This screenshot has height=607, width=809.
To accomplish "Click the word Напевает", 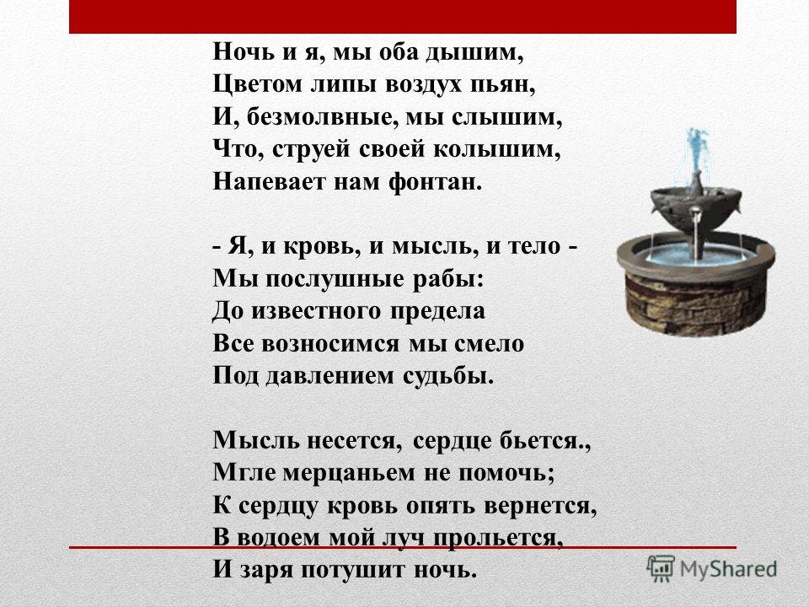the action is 268,182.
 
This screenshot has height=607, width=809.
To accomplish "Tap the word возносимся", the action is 330,344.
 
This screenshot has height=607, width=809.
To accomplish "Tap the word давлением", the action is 330,376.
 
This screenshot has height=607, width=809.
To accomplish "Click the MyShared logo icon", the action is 661,569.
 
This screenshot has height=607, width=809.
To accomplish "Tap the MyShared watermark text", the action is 728,569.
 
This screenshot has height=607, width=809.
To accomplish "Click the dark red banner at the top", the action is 403,17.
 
